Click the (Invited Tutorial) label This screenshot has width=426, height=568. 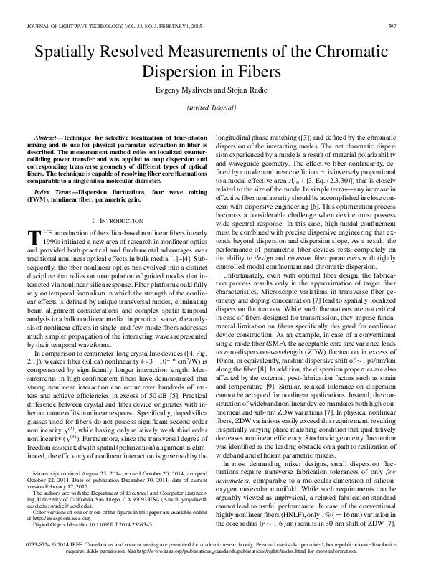(213, 107)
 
